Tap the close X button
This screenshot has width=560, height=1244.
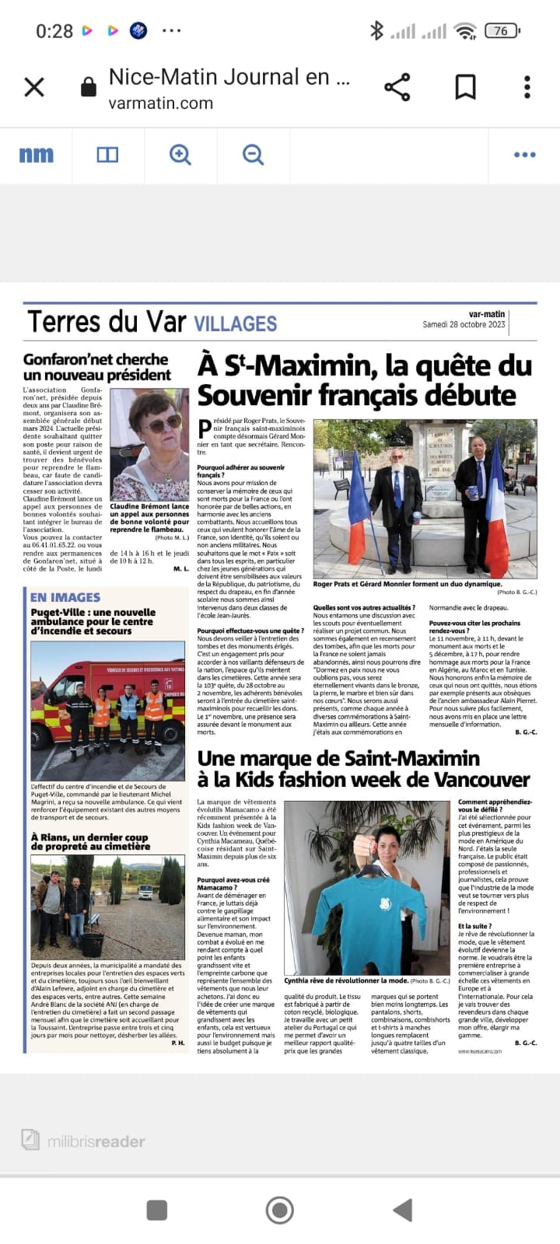click(34, 87)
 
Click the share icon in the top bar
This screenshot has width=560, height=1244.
click(397, 87)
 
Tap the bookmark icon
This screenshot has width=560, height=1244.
click(465, 87)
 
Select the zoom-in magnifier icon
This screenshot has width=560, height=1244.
click(180, 155)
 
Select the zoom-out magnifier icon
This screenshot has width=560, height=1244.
click(253, 155)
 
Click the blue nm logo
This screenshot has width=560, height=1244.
click(37, 155)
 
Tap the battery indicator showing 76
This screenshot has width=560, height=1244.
click(502, 31)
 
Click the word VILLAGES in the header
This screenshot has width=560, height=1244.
click(235, 324)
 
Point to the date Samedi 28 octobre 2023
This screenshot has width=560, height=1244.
click(464, 325)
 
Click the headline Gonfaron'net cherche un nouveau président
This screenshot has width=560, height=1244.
click(97, 367)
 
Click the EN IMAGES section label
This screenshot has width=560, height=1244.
click(65, 597)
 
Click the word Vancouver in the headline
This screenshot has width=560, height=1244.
click(467, 780)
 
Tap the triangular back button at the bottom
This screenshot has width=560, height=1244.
click(402, 1210)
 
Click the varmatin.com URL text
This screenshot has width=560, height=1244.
click(161, 103)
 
